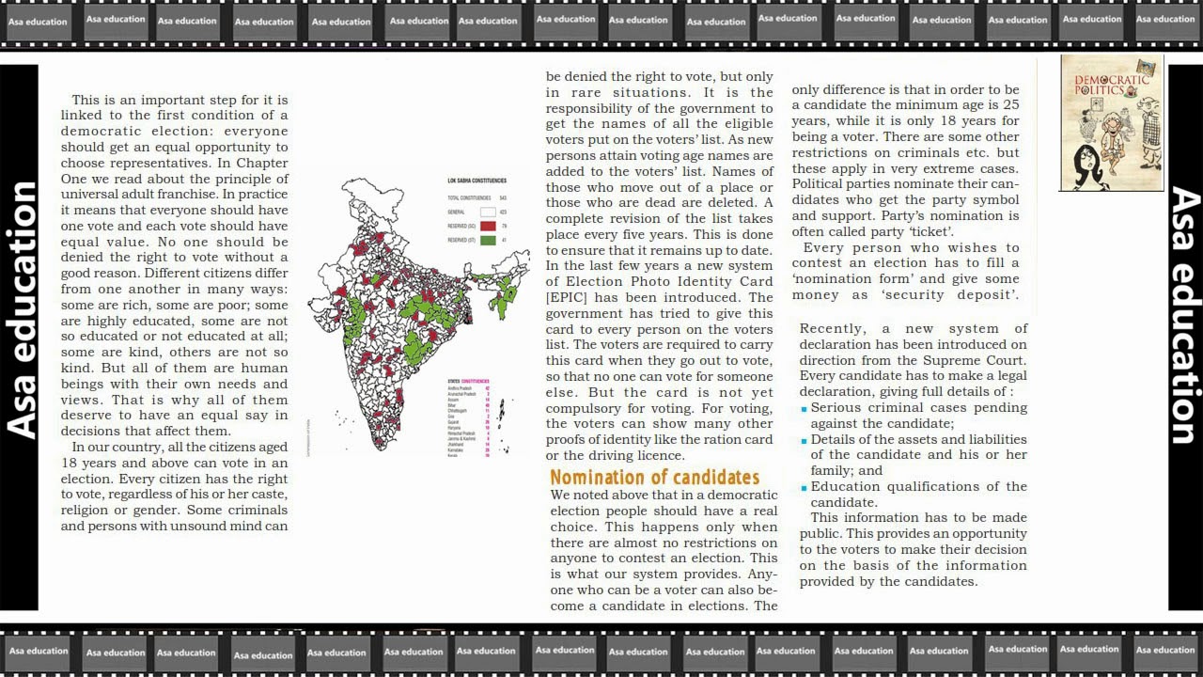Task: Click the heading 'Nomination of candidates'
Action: pyautogui.click(x=654, y=477)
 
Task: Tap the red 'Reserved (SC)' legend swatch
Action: pyautogui.click(x=488, y=226)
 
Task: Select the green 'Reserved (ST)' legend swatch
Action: pyautogui.click(x=488, y=241)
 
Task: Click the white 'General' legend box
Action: pyautogui.click(x=488, y=213)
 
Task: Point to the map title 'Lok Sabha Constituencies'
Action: pyautogui.click(x=477, y=181)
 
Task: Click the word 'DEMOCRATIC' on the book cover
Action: pyautogui.click(x=1112, y=81)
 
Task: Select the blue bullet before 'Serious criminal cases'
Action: pyautogui.click(x=805, y=409)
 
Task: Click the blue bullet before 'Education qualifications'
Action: pyautogui.click(x=805, y=488)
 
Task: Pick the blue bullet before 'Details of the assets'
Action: pyautogui.click(x=805, y=441)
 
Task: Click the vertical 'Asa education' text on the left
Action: pyautogui.click(x=21, y=310)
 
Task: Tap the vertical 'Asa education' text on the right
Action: pyautogui.click(x=1183, y=315)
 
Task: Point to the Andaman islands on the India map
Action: pyautogui.click(x=502, y=414)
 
